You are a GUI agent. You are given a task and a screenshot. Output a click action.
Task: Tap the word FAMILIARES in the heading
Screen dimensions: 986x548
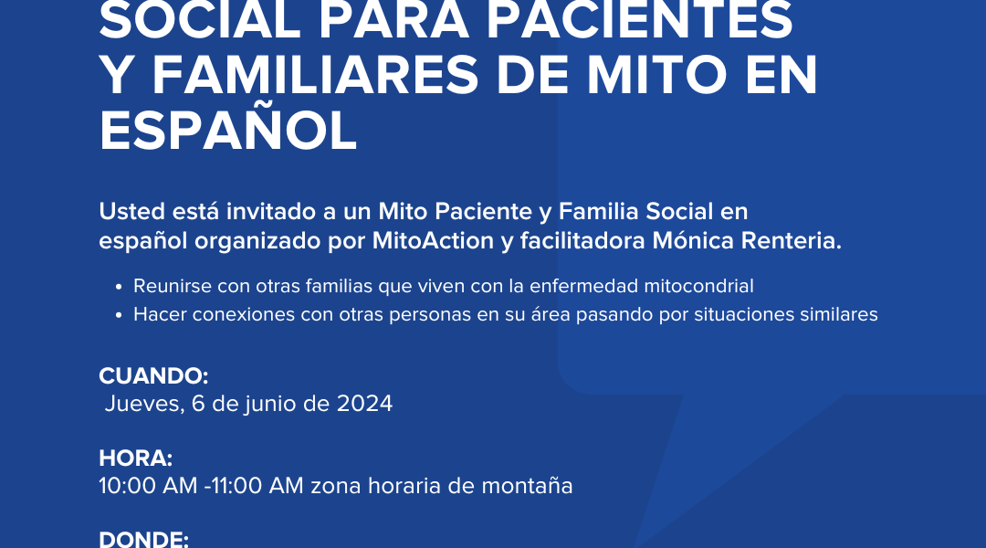(316, 76)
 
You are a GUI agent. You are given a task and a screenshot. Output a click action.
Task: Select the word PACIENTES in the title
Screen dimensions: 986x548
(639, 21)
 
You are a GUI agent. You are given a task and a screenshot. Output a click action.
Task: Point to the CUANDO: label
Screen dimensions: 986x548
(153, 376)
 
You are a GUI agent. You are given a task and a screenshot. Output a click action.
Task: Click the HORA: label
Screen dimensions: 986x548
(136, 458)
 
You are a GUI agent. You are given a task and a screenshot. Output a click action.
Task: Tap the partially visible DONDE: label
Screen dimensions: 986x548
(144, 539)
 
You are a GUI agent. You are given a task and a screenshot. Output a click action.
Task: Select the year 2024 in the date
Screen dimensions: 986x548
(364, 404)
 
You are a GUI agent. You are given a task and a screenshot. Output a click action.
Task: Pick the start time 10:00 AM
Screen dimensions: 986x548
(149, 486)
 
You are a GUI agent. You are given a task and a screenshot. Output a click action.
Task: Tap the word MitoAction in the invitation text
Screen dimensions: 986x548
(434, 241)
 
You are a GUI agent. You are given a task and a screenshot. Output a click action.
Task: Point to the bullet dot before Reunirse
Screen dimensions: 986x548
(118, 287)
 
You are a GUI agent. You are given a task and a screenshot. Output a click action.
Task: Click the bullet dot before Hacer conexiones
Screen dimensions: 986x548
(118, 315)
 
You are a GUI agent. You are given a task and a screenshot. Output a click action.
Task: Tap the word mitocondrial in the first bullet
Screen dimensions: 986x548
(698, 286)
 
